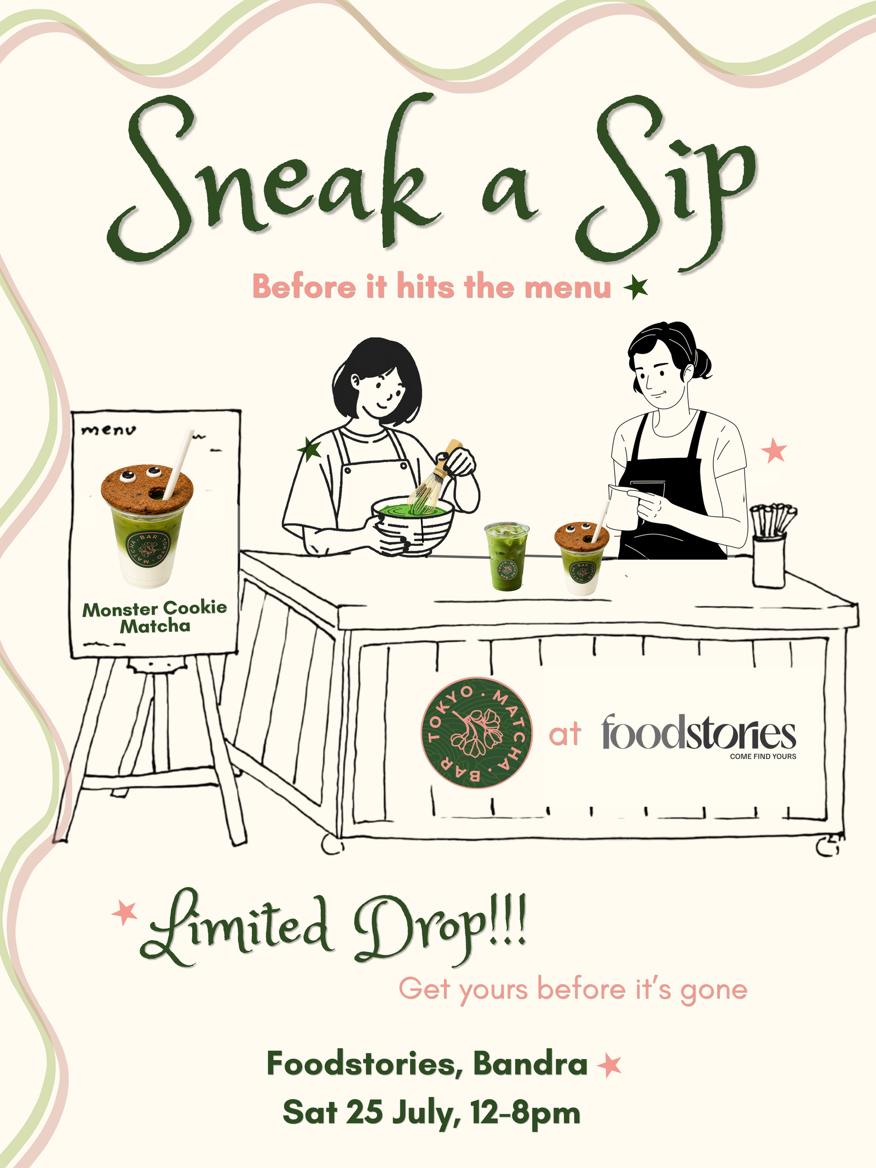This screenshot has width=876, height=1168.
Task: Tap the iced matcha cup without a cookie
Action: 507,555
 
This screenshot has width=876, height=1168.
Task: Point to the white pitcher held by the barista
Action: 624,507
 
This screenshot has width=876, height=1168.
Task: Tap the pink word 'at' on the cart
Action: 564,734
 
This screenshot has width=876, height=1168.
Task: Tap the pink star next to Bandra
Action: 609,1065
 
